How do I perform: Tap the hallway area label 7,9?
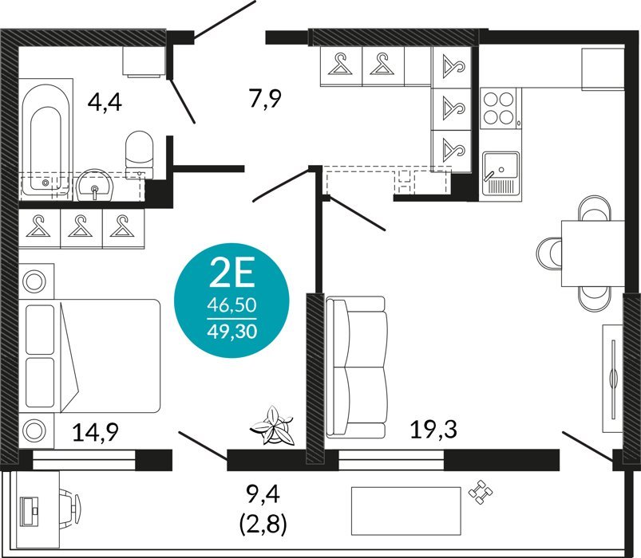tap(266, 99)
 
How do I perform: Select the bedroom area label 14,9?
tap(96, 432)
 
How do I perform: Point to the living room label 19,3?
tap(433, 429)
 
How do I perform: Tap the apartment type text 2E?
tap(231, 273)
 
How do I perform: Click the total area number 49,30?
tap(232, 332)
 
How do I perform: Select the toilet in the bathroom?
tap(140, 155)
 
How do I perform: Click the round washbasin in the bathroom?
tap(95, 185)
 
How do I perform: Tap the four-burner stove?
tap(498, 108)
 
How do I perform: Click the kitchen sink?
tap(501, 173)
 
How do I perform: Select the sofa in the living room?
tap(356, 367)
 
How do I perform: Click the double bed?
tap(90, 356)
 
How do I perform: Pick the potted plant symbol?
tap(272, 426)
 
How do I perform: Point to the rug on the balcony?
tap(406, 511)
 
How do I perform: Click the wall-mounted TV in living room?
tap(613, 379)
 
